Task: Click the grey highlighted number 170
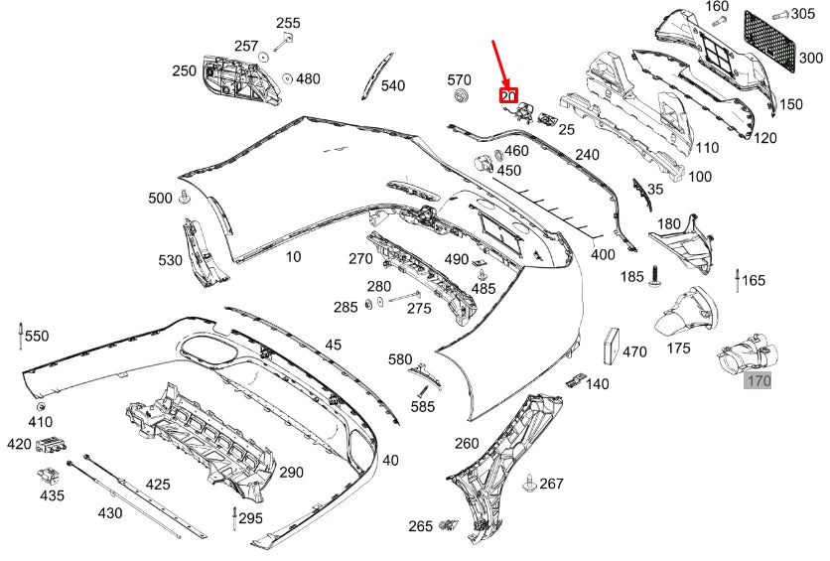(758, 380)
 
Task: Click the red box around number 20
(508, 95)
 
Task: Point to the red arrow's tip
(507, 87)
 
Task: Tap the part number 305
(803, 13)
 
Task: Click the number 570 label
(459, 79)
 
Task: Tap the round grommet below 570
(462, 97)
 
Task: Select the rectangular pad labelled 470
(612, 348)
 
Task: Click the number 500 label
(160, 198)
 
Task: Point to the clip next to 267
(530, 483)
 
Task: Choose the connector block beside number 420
(51, 446)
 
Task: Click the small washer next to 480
(288, 78)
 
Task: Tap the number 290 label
(291, 472)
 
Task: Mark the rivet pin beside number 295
(234, 519)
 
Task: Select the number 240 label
(587, 155)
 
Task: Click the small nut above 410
(41, 406)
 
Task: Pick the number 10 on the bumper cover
(293, 257)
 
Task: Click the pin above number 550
(20, 335)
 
